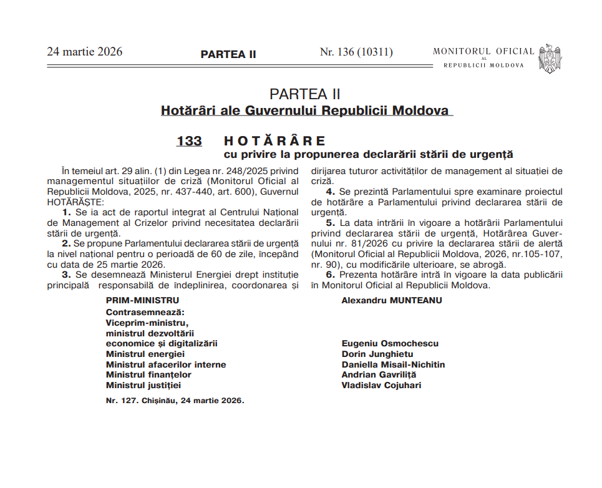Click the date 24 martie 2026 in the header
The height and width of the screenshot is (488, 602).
click(85, 52)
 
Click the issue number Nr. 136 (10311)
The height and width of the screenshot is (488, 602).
click(356, 52)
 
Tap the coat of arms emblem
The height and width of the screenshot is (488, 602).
click(550, 59)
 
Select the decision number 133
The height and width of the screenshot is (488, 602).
click(189, 141)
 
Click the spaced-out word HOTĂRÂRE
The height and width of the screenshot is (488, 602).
click(274, 141)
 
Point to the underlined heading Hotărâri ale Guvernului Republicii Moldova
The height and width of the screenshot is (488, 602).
click(305, 111)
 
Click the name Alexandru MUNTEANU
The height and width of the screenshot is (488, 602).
click(392, 300)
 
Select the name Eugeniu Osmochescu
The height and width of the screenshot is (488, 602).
click(390, 343)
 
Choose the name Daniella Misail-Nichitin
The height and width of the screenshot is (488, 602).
click(393, 364)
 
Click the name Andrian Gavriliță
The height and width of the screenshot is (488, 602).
click(379, 374)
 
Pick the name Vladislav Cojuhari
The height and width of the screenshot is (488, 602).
click(381, 385)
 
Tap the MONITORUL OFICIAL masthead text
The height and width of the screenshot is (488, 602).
click(483, 51)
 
